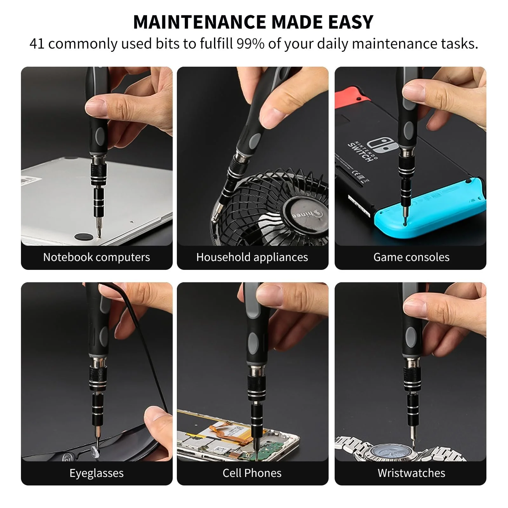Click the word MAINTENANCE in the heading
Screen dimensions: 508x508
tap(199, 22)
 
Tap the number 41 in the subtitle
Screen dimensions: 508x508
tap(37, 44)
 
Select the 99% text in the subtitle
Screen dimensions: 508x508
tap(250, 44)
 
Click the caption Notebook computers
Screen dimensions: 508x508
tap(97, 257)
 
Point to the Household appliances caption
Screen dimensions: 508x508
tap(252, 257)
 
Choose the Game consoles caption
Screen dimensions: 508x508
tap(411, 257)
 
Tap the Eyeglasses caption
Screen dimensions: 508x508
tap(97, 473)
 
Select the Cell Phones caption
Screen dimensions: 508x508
tap(252, 473)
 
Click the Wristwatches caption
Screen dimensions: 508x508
tap(411, 473)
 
